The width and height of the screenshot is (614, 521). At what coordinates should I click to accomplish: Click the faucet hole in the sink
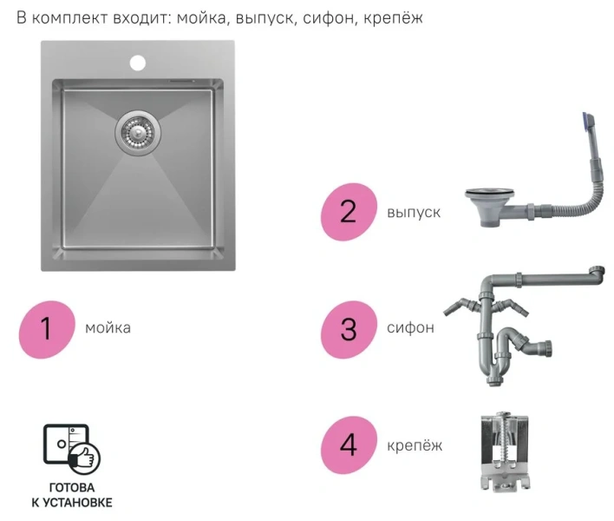pyautogui.click(x=137, y=63)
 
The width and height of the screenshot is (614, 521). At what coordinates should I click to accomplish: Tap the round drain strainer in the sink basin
pyautogui.click(x=138, y=133)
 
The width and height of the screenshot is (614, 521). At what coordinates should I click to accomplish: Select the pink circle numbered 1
pyautogui.click(x=47, y=329)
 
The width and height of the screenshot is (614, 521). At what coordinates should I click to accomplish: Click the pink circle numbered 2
pyautogui.click(x=349, y=212)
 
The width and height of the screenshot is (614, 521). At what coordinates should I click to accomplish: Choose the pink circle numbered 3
pyautogui.click(x=349, y=329)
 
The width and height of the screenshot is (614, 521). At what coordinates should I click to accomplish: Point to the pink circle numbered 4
pyautogui.click(x=349, y=445)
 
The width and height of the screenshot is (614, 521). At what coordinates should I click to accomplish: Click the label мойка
pyautogui.click(x=108, y=327)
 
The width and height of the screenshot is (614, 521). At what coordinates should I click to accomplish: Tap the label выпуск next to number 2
pyautogui.click(x=414, y=212)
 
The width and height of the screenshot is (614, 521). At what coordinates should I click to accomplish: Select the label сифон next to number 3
pyautogui.click(x=410, y=327)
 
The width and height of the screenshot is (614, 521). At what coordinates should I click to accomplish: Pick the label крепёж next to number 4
pyautogui.click(x=415, y=445)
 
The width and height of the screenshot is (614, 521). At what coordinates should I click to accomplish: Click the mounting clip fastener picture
pyautogui.click(x=504, y=452)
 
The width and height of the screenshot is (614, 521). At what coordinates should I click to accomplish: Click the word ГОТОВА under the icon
pyautogui.click(x=72, y=488)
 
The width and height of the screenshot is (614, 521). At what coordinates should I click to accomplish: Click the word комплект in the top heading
pyautogui.click(x=69, y=18)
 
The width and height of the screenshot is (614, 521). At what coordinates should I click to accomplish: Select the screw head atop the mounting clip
pyautogui.click(x=502, y=414)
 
